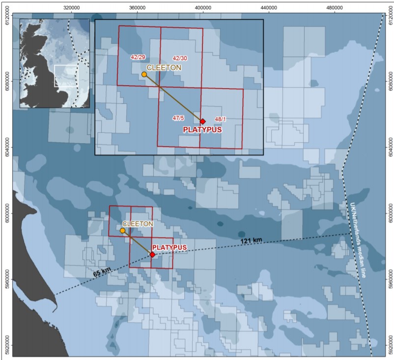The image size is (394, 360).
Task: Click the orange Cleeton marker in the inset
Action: pyautogui.click(x=144, y=74)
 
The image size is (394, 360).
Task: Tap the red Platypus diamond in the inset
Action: pyautogui.click(x=202, y=121)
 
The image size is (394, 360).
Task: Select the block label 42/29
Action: pyautogui.click(x=137, y=57)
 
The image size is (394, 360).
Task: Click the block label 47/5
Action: pyautogui.click(x=178, y=118)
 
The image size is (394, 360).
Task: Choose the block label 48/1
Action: pyautogui.click(x=221, y=119)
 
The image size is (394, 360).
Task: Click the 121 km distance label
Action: pyautogui.click(x=251, y=240)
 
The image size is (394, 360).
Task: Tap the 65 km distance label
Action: pyautogui.click(x=102, y=271)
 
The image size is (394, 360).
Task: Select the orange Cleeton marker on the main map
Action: pyautogui.click(x=122, y=230)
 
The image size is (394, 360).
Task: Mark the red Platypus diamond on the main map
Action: pyautogui.click(x=152, y=255)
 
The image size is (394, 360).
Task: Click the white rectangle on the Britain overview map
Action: pyautogui.click(x=65, y=76)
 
